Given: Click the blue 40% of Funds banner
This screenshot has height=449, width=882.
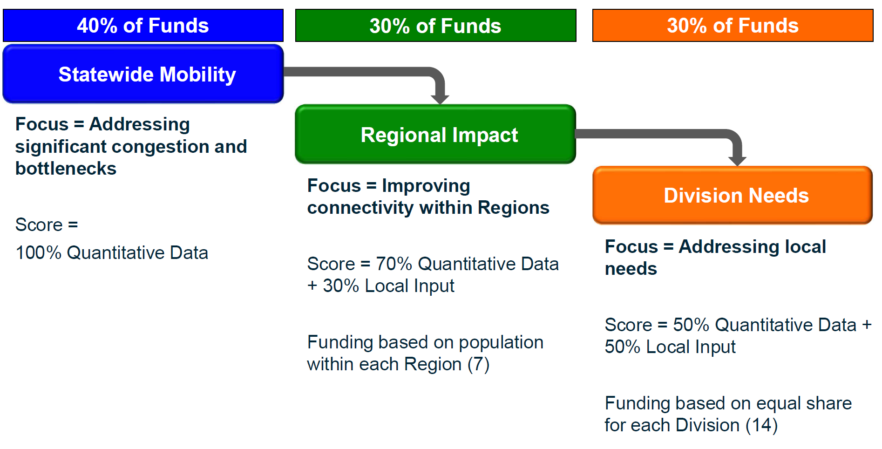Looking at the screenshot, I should [x=143, y=26].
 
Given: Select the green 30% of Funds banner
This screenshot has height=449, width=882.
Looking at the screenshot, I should [x=435, y=26].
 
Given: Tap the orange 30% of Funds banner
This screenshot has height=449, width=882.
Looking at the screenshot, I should [x=733, y=26].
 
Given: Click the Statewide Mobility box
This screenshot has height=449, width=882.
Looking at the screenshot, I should [x=143, y=75].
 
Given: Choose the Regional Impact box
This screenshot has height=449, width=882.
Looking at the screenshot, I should [x=435, y=135].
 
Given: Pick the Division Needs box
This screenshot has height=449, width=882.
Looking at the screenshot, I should [x=733, y=196].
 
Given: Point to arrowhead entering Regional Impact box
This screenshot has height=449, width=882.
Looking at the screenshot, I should [x=440, y=99].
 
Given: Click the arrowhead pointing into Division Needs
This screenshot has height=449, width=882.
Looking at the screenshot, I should [x=737, y=161].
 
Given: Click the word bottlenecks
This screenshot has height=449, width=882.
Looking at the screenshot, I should [x=66, y=169].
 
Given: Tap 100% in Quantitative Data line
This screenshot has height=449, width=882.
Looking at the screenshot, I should [x=38, y=253].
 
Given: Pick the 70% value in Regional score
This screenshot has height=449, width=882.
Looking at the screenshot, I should [x=394, y=264].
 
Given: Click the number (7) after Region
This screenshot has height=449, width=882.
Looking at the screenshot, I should [x=478, y=365].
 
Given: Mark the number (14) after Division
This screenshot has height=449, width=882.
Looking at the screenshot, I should [x=761, y=426].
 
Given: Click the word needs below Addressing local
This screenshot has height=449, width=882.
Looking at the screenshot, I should [x=631, y=269].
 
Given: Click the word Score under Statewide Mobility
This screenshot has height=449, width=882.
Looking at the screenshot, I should [x=39, y=225].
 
